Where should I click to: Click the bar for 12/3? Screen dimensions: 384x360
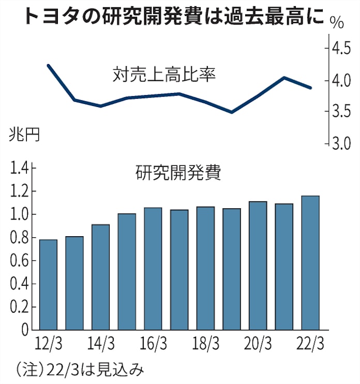(48, 285)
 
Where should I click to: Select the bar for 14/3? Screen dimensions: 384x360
(100, 277)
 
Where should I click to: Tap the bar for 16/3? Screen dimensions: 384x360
(153, 269)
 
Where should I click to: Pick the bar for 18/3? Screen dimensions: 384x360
(205, 268)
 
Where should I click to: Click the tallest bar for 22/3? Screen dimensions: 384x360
(310, 263)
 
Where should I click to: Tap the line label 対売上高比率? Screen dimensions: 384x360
(163, 75)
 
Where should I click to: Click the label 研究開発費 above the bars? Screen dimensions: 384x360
(178, 173)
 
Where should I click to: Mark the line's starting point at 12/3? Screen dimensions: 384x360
(48, 66)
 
